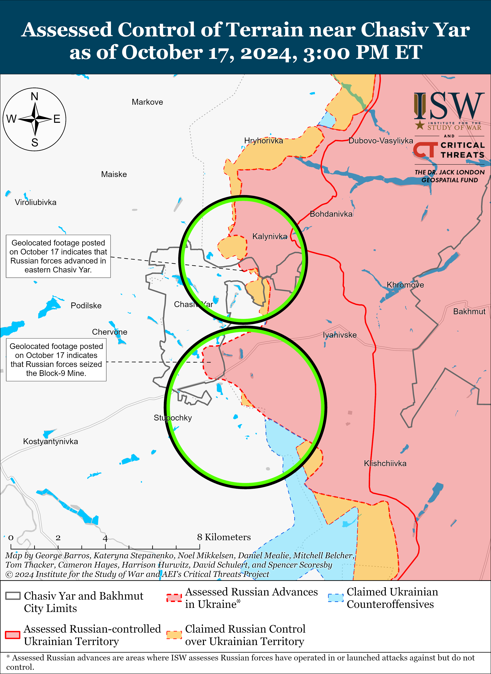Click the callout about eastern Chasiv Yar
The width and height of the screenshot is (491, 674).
click(x=58, y=256)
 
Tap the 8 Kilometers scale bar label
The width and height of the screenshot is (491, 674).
click(x=224, y=537)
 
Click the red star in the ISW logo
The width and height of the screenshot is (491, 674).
click(x=420, y=125)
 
